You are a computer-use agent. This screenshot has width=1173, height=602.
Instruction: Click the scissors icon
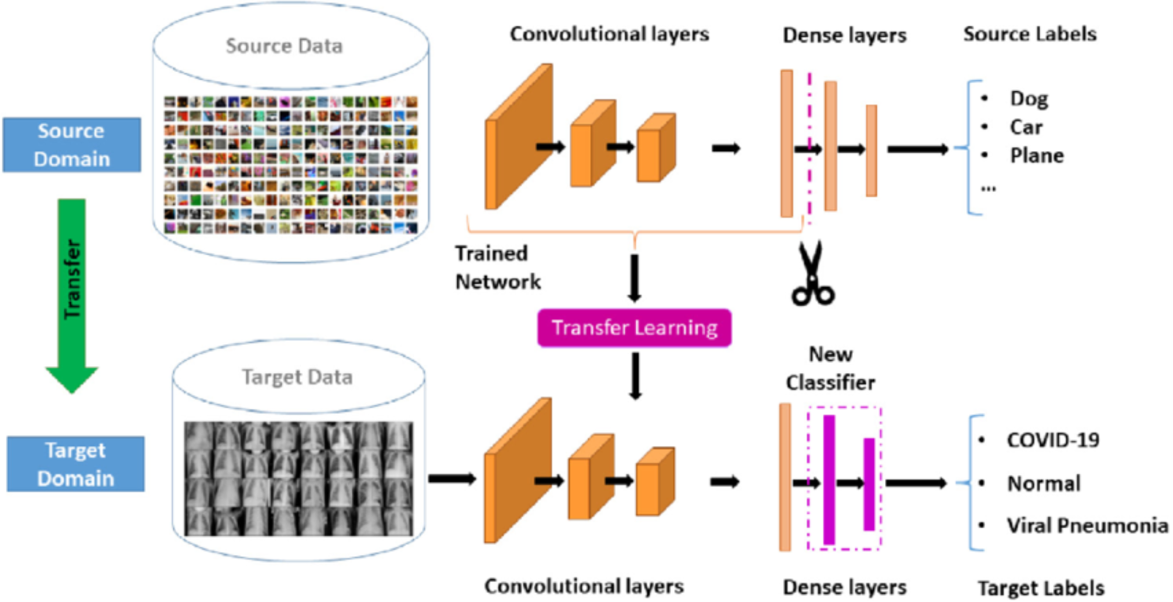812,274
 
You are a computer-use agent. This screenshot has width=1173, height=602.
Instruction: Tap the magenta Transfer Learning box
634,328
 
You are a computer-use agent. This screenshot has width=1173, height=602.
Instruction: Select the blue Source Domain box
71,145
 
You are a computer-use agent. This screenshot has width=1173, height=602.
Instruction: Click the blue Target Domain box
76,464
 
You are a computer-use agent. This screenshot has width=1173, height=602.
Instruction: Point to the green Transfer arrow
72,296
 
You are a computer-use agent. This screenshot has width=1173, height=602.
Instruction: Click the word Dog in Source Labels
1029,99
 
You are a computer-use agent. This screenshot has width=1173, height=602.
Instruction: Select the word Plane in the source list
1037,156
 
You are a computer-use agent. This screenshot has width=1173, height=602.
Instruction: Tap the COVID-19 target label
1053,440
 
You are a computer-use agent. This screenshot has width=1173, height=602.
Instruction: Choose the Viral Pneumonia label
1088,525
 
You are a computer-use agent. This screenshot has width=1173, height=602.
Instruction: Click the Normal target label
1044,483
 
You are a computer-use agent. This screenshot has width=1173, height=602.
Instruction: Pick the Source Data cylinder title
284,46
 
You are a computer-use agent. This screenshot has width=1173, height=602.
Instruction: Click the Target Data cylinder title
297,377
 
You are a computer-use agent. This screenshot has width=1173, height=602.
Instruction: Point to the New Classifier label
831,368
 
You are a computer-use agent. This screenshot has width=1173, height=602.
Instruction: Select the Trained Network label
498,268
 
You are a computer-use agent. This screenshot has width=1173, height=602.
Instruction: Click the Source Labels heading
1030,34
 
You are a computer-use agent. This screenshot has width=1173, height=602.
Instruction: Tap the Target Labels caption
1041,588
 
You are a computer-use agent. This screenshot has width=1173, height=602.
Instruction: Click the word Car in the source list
1026,127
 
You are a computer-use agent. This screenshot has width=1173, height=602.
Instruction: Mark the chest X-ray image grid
299,478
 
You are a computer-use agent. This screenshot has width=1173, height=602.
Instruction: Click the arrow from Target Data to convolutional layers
452,479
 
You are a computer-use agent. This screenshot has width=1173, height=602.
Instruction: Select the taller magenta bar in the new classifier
829,480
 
